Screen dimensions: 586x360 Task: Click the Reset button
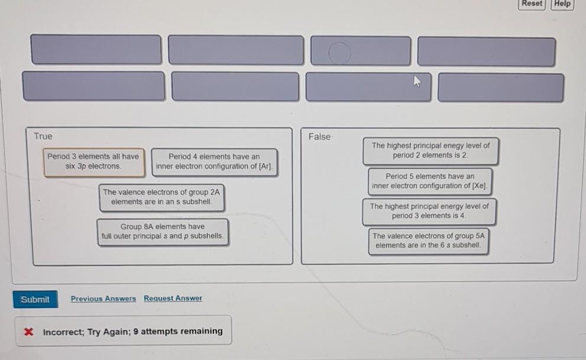[532, 4]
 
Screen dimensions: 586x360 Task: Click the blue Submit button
[35, 299]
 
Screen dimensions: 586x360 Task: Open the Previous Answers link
[103, 299]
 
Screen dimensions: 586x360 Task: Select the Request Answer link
[173, 299]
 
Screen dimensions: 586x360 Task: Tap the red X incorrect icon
[28, 332]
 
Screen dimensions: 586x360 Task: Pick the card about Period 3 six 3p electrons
[93, 161]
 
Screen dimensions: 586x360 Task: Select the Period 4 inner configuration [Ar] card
[214, 161]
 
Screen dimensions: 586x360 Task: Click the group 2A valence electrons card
[161, 197]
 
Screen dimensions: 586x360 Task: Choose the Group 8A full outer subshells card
[162, 231]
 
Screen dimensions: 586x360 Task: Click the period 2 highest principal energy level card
[430, 150]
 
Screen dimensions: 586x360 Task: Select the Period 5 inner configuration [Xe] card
[430, 181]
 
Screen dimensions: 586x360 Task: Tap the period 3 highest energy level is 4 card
[429, 211]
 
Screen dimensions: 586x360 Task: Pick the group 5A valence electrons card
[428, 240]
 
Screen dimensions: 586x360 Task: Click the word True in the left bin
[43, 137]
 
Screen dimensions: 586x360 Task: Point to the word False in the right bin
[320, 137]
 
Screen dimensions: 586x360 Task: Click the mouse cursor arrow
[416, 81]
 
